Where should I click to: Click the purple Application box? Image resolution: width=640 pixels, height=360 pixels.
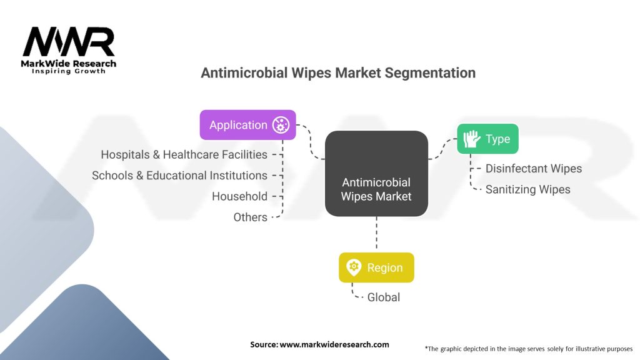[x=247, y=125]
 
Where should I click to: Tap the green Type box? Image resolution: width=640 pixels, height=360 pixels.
[x=487, y=139]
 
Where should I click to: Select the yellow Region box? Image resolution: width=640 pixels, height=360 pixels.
[x=376, y=267]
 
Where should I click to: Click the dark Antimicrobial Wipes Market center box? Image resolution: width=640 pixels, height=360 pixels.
[x=376, y=174]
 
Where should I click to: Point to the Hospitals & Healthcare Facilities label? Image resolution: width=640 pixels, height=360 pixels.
[x=184, y=155]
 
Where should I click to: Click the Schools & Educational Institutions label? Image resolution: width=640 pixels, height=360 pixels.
[x=179, y=176]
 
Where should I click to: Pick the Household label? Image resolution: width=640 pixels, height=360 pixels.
[x=239, y=196]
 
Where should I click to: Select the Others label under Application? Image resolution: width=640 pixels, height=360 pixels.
[x=250, y=217]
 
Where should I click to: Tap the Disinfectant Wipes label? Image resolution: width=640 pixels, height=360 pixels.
[x=534, y=169]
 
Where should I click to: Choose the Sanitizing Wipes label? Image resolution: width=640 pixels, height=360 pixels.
[x=527, y=189]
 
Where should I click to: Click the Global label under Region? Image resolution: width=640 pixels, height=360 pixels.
[x=384, y=297]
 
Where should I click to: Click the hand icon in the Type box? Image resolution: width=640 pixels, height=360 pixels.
[x=472, y=139]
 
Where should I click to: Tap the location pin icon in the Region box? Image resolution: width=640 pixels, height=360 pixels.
[x=354, y=267]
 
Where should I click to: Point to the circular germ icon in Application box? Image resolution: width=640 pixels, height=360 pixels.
[x=281, y=125]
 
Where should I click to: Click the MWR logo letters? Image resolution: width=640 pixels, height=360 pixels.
[x=69, y=42]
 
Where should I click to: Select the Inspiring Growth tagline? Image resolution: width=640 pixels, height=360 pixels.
[x=69, y=71]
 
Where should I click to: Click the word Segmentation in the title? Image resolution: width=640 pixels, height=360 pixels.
[x=430, y=73]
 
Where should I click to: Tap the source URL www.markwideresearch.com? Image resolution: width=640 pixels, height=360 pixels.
[x=334, y=344]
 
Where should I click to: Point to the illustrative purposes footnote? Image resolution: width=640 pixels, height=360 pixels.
[x=529, y=349]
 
